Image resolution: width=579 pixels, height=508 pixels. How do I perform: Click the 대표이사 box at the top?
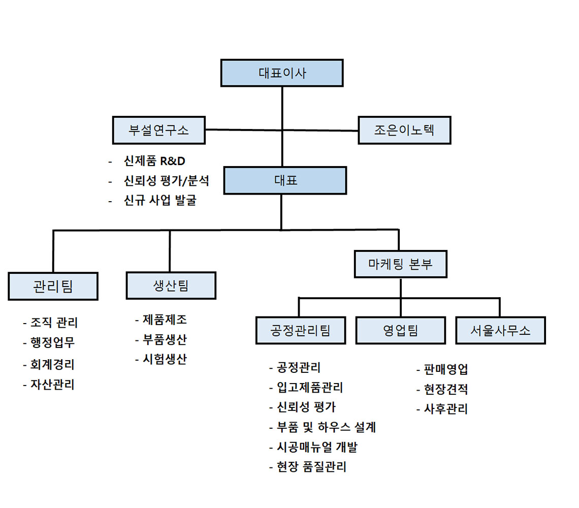(282, 73)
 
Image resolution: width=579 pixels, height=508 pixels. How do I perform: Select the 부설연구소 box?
(159, 130)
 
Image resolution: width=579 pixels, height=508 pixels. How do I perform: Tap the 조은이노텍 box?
(404, 130)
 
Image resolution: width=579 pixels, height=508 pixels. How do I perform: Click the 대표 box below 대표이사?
(285, 180)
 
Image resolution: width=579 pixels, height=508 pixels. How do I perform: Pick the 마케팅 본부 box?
(401, 264)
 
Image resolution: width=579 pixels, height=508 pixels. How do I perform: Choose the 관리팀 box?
(53, 287)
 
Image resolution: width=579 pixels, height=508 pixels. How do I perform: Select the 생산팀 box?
(171, 285)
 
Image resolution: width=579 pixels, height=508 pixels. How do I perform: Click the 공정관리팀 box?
(301, 330)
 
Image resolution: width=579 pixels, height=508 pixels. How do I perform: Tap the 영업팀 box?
(401, 330)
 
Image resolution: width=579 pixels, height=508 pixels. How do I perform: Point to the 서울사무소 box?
(500, 330)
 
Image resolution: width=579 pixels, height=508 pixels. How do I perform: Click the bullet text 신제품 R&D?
(154, 161)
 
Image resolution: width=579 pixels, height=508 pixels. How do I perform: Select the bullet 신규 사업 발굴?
(160, 200)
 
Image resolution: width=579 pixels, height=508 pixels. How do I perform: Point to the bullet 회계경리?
(52, 365)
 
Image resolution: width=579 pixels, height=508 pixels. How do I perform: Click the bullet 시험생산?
(165, 359)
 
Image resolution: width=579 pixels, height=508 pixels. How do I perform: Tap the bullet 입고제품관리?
(310, 387)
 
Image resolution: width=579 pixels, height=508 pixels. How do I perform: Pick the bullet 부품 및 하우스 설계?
(327, 427)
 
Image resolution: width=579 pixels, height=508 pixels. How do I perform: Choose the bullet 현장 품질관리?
(312, 467)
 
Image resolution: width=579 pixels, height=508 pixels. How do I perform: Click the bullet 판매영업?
(446, 369)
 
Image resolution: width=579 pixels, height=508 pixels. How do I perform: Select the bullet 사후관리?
(446, 409)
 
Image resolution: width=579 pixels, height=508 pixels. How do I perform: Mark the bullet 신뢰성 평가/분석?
(166, 181)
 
